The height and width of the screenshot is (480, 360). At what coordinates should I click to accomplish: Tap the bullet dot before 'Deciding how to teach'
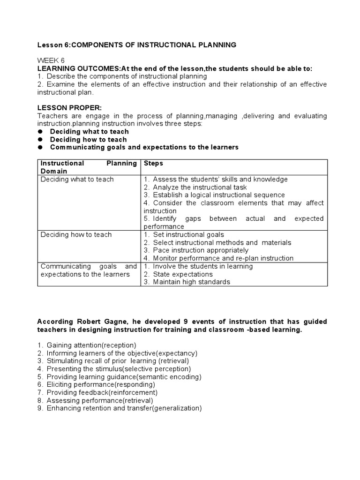point(40,140)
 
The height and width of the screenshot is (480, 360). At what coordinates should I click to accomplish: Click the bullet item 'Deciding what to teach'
point(89,132)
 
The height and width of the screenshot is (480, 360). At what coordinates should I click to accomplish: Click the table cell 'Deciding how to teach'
point(76,234)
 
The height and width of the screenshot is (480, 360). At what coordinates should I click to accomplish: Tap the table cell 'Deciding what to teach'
point(77,179)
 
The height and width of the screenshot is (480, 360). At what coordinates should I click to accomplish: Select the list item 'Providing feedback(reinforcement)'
point(102,392)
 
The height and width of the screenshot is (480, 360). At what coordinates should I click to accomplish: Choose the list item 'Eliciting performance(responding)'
point(101,384)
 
